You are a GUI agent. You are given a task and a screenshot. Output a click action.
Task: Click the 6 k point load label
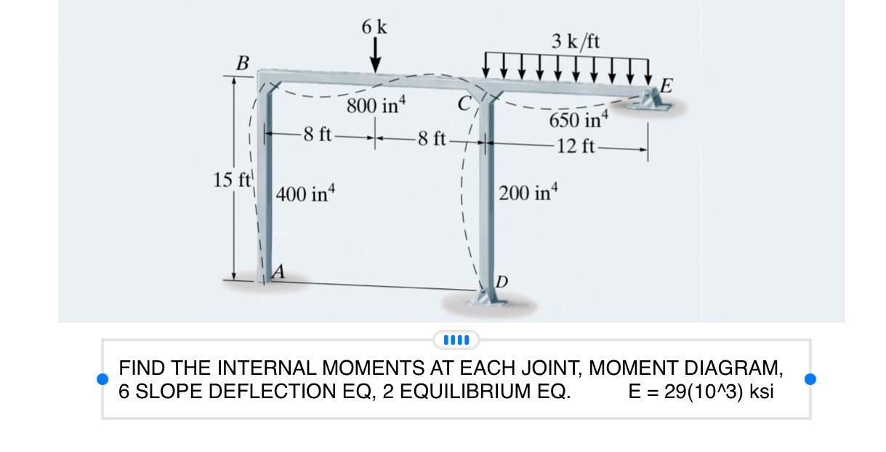click(x=374, y=28)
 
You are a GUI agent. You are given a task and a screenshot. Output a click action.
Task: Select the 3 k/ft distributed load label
click(x=575, y=41)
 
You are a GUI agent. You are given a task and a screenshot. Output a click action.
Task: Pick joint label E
click(x=664, y=86)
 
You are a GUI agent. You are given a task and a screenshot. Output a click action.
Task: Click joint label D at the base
click(x=502, y=282)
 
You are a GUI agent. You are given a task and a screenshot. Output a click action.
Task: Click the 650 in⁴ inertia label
click(x=571, y=119)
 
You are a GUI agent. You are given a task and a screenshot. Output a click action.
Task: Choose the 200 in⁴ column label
click(x=526, y=194)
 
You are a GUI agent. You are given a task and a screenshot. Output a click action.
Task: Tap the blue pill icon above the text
click(x=456, y=339)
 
